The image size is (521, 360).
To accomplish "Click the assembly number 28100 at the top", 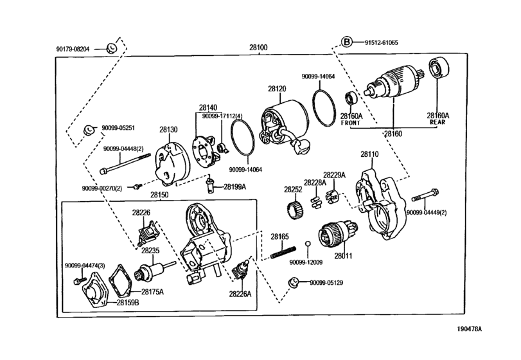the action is coord(258,47).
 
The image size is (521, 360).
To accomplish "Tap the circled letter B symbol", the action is coord(346,42).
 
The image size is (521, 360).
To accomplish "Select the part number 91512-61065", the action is coord(381,42).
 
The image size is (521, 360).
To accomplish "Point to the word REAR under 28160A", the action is coord(437,122).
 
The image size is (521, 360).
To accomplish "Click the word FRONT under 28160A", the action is coord(351,123).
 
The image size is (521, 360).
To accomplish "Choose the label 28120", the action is coord(277,89).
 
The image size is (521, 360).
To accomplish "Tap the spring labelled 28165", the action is coord(283,251).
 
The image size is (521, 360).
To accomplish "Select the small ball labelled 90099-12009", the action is coord(308,244).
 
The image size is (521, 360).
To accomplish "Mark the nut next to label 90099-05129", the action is coord(293,282).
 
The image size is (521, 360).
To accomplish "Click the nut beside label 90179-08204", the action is coord(112,48).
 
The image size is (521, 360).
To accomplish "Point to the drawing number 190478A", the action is coord(469,329).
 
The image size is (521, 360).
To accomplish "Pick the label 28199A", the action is coord(234,187).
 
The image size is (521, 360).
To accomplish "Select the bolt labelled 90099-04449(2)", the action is coord(425,195).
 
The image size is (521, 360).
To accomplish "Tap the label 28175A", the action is coord(152,292).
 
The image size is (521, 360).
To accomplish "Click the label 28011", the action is coord(344,256).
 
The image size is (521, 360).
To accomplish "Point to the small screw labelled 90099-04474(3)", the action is coord(80,280).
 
